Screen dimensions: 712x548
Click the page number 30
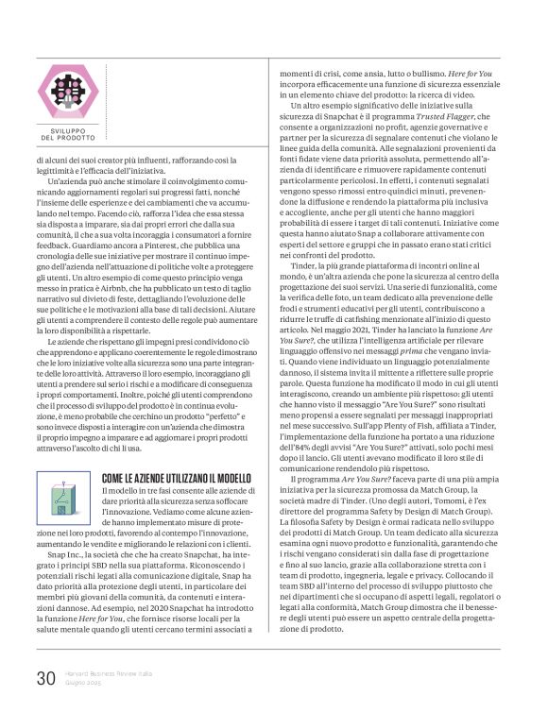(46, 677)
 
